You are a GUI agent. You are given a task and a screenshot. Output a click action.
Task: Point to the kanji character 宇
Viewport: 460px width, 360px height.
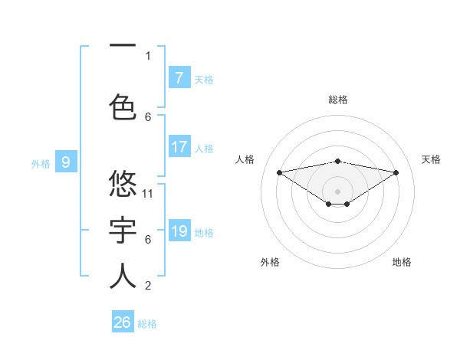pos(123,230)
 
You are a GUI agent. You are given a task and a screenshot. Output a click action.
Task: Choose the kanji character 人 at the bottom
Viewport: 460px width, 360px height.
pos(123,276)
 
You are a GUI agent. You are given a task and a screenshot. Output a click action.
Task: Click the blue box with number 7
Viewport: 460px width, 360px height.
pos(179,77)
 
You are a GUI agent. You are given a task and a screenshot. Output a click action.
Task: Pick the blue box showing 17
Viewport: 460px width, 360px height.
pos(179,147)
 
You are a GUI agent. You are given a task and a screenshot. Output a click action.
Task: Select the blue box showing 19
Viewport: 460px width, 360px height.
pos(179,231)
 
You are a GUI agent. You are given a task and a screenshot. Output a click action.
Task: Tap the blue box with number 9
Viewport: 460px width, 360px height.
pos(66,162)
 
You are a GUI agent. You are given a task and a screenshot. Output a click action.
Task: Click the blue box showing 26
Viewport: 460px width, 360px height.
pos(122,322)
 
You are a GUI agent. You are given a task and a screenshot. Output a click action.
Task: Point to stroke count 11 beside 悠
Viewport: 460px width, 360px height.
pos(148,193)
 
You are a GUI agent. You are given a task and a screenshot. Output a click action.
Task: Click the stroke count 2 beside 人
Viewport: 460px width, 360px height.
pos(148,286)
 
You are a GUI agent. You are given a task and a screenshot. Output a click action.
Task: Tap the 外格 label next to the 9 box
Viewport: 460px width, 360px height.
pos(41,163)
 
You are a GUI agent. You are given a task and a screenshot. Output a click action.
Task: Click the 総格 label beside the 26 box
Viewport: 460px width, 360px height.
pos(147,324)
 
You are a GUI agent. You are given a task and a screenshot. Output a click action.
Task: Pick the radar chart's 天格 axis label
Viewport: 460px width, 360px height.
pos(431,159)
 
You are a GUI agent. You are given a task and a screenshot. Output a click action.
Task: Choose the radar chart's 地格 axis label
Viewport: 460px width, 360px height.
pos(402,262)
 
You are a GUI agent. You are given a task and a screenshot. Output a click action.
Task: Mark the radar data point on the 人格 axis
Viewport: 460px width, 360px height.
pos(279,172)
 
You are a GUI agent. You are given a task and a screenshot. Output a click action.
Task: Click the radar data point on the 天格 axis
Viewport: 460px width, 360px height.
pos(396,172)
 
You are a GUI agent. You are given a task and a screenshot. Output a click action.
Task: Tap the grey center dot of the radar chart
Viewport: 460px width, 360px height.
pos(337,191)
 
